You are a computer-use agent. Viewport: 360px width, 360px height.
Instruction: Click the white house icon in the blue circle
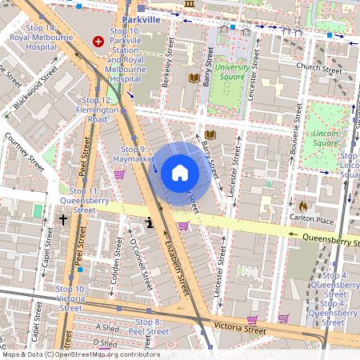pos(180,173)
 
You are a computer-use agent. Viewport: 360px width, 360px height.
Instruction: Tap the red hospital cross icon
pos(99,41)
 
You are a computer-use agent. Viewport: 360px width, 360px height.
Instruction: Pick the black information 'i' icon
pos(148,223)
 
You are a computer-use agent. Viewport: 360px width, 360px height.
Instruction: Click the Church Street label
pos(318,67)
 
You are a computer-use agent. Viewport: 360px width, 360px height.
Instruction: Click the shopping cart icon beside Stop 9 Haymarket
pos(119,174)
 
